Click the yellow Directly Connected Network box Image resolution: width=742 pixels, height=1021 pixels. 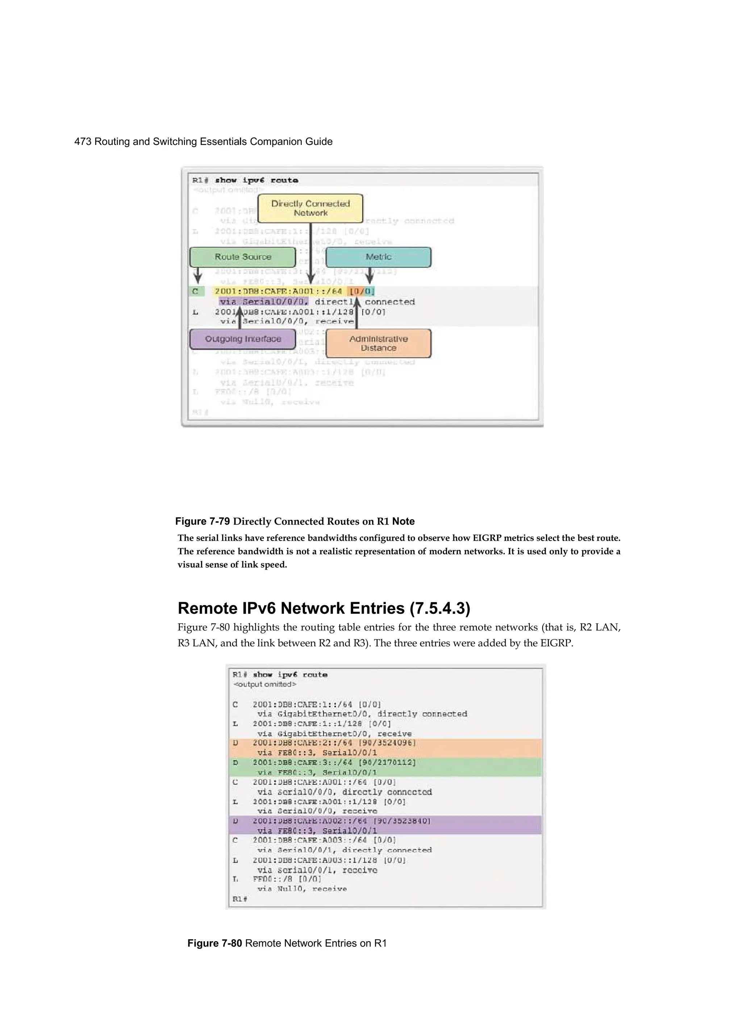310,208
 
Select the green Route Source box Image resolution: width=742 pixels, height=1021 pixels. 243,257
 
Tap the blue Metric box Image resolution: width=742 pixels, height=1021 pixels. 378,257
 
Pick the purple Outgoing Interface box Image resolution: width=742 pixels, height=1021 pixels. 243,339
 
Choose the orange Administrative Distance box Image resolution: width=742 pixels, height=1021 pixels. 378,343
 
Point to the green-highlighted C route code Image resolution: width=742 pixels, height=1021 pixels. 195,291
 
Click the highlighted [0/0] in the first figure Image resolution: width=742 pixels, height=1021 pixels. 362,291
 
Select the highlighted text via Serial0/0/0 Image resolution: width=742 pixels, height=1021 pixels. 264,301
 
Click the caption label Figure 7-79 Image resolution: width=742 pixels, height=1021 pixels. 203,521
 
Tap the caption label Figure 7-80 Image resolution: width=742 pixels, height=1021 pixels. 215,943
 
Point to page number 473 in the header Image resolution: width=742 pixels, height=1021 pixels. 83,142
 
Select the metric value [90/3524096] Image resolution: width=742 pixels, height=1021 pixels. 387,742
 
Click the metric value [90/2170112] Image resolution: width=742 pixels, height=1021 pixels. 387,762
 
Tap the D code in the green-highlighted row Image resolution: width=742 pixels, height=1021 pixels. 235,763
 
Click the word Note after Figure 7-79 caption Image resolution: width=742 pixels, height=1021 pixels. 403,521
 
